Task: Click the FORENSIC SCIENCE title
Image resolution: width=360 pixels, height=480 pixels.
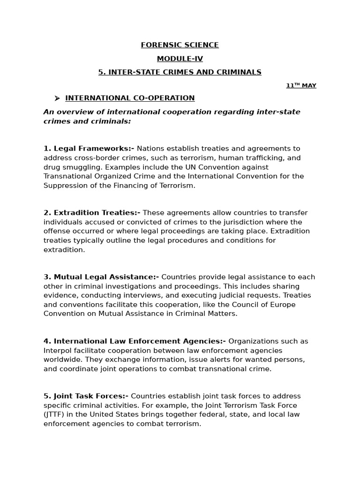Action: (180, 45)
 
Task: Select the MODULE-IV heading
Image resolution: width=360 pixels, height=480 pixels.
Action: (180, 59)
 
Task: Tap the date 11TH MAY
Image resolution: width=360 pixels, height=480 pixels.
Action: (301, 85)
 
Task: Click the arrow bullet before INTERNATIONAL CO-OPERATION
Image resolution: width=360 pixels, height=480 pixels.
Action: (57, 98)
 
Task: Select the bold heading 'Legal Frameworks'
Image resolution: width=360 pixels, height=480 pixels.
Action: (89, 149)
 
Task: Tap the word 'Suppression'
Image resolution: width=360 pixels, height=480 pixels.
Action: (64, 185)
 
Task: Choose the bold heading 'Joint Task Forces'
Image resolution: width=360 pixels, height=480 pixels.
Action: (86, 396)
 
